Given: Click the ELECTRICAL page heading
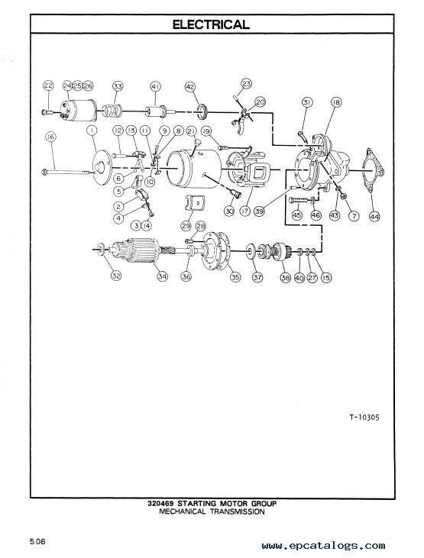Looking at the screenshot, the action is pyautogui.click(x=212, y=24).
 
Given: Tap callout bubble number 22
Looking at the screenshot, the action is pyautogui.click(x=48, y=85).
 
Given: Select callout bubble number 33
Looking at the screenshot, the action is pyautogui.click(x=118, y=86).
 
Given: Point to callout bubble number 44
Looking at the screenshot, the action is pyautogui.click(x=374, y=216).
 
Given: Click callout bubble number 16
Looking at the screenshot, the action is pyautogui.click(x=51, y=137).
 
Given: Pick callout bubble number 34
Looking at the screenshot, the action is pyautogui.click(x=163, y=276).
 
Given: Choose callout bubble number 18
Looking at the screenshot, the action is pyautogui.click(x=335, y=102).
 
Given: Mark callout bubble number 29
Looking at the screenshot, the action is pyautogui.click(x=186, y=226).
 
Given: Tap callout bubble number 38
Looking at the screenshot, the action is pyautogui.click(x=286, y=277).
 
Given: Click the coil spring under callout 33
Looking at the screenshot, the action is pyautogui.click(x=112, y=111).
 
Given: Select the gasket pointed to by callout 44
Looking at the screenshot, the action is pyautogui.click(x=374, y=170).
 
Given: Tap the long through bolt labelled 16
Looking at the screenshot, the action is pyautogui.click(x=68, y=173).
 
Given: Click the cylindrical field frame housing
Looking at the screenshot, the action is pyautogui.click(x=194, y=169).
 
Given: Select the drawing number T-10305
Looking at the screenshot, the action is pyautogui.click(x=364, y=417).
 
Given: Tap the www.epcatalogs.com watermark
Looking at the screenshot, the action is pyautogui.click(x=323, y=546).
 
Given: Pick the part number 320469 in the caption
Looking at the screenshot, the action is pyautogui.click(x=160, y=504).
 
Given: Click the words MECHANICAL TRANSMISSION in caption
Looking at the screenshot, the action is pyautogui.click(x=212, y=511).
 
